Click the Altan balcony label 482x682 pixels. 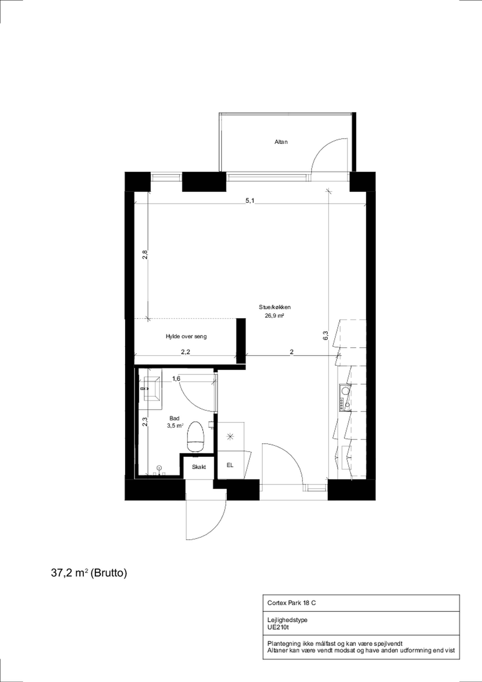[281, 142]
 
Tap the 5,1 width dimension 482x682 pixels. [250, 201]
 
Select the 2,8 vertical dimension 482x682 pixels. [145, 255]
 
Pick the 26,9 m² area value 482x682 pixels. [274, 316]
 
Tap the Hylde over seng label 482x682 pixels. [186, 336]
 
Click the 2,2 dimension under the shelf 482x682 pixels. [186, 352]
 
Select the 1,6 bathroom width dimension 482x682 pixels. [176, 378]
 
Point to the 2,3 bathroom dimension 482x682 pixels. [145, 422]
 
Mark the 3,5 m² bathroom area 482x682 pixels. [175, 426]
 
